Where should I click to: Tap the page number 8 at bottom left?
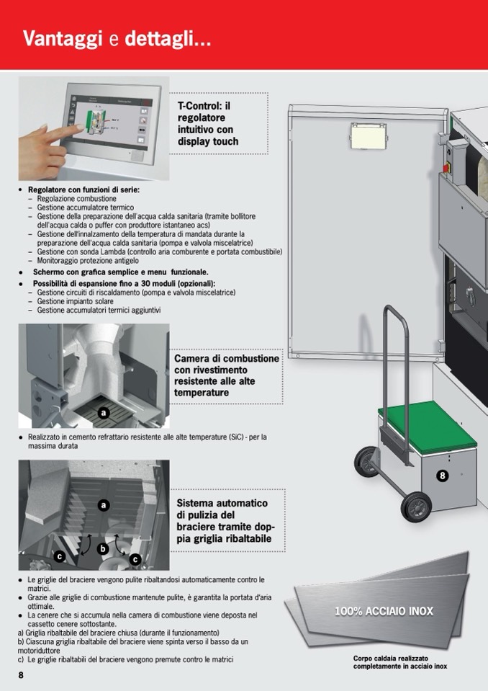(x=22, y=674)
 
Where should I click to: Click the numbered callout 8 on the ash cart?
(x=443, y=476)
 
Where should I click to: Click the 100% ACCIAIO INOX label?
(x=384, y=612)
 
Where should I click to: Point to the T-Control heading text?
(x=208, y=123)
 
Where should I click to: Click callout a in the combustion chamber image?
(x=104, y=413)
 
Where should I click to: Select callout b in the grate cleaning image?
(x=102, y=549)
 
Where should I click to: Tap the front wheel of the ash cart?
(x=416, y=507)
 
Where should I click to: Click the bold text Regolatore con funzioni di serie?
(x=83, y=190)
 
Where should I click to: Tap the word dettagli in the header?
(x=168, y=39)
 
